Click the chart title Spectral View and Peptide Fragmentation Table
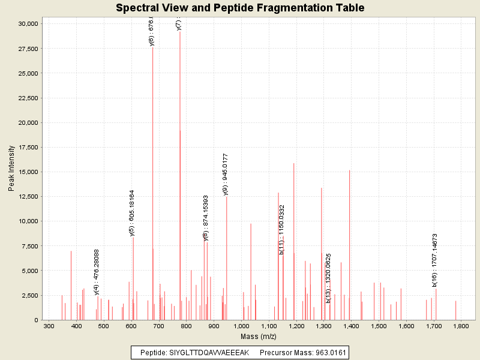click(240, 8)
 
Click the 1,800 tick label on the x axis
click(461, 326)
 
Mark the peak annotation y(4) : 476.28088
click(97, 272)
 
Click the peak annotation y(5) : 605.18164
click(132, 213)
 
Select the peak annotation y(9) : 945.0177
click(226, 174)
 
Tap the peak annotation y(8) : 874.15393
click(206, 218)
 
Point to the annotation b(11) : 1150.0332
click(281, 230)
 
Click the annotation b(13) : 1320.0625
click(328, 278)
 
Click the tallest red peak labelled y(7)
click(180, 180)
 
